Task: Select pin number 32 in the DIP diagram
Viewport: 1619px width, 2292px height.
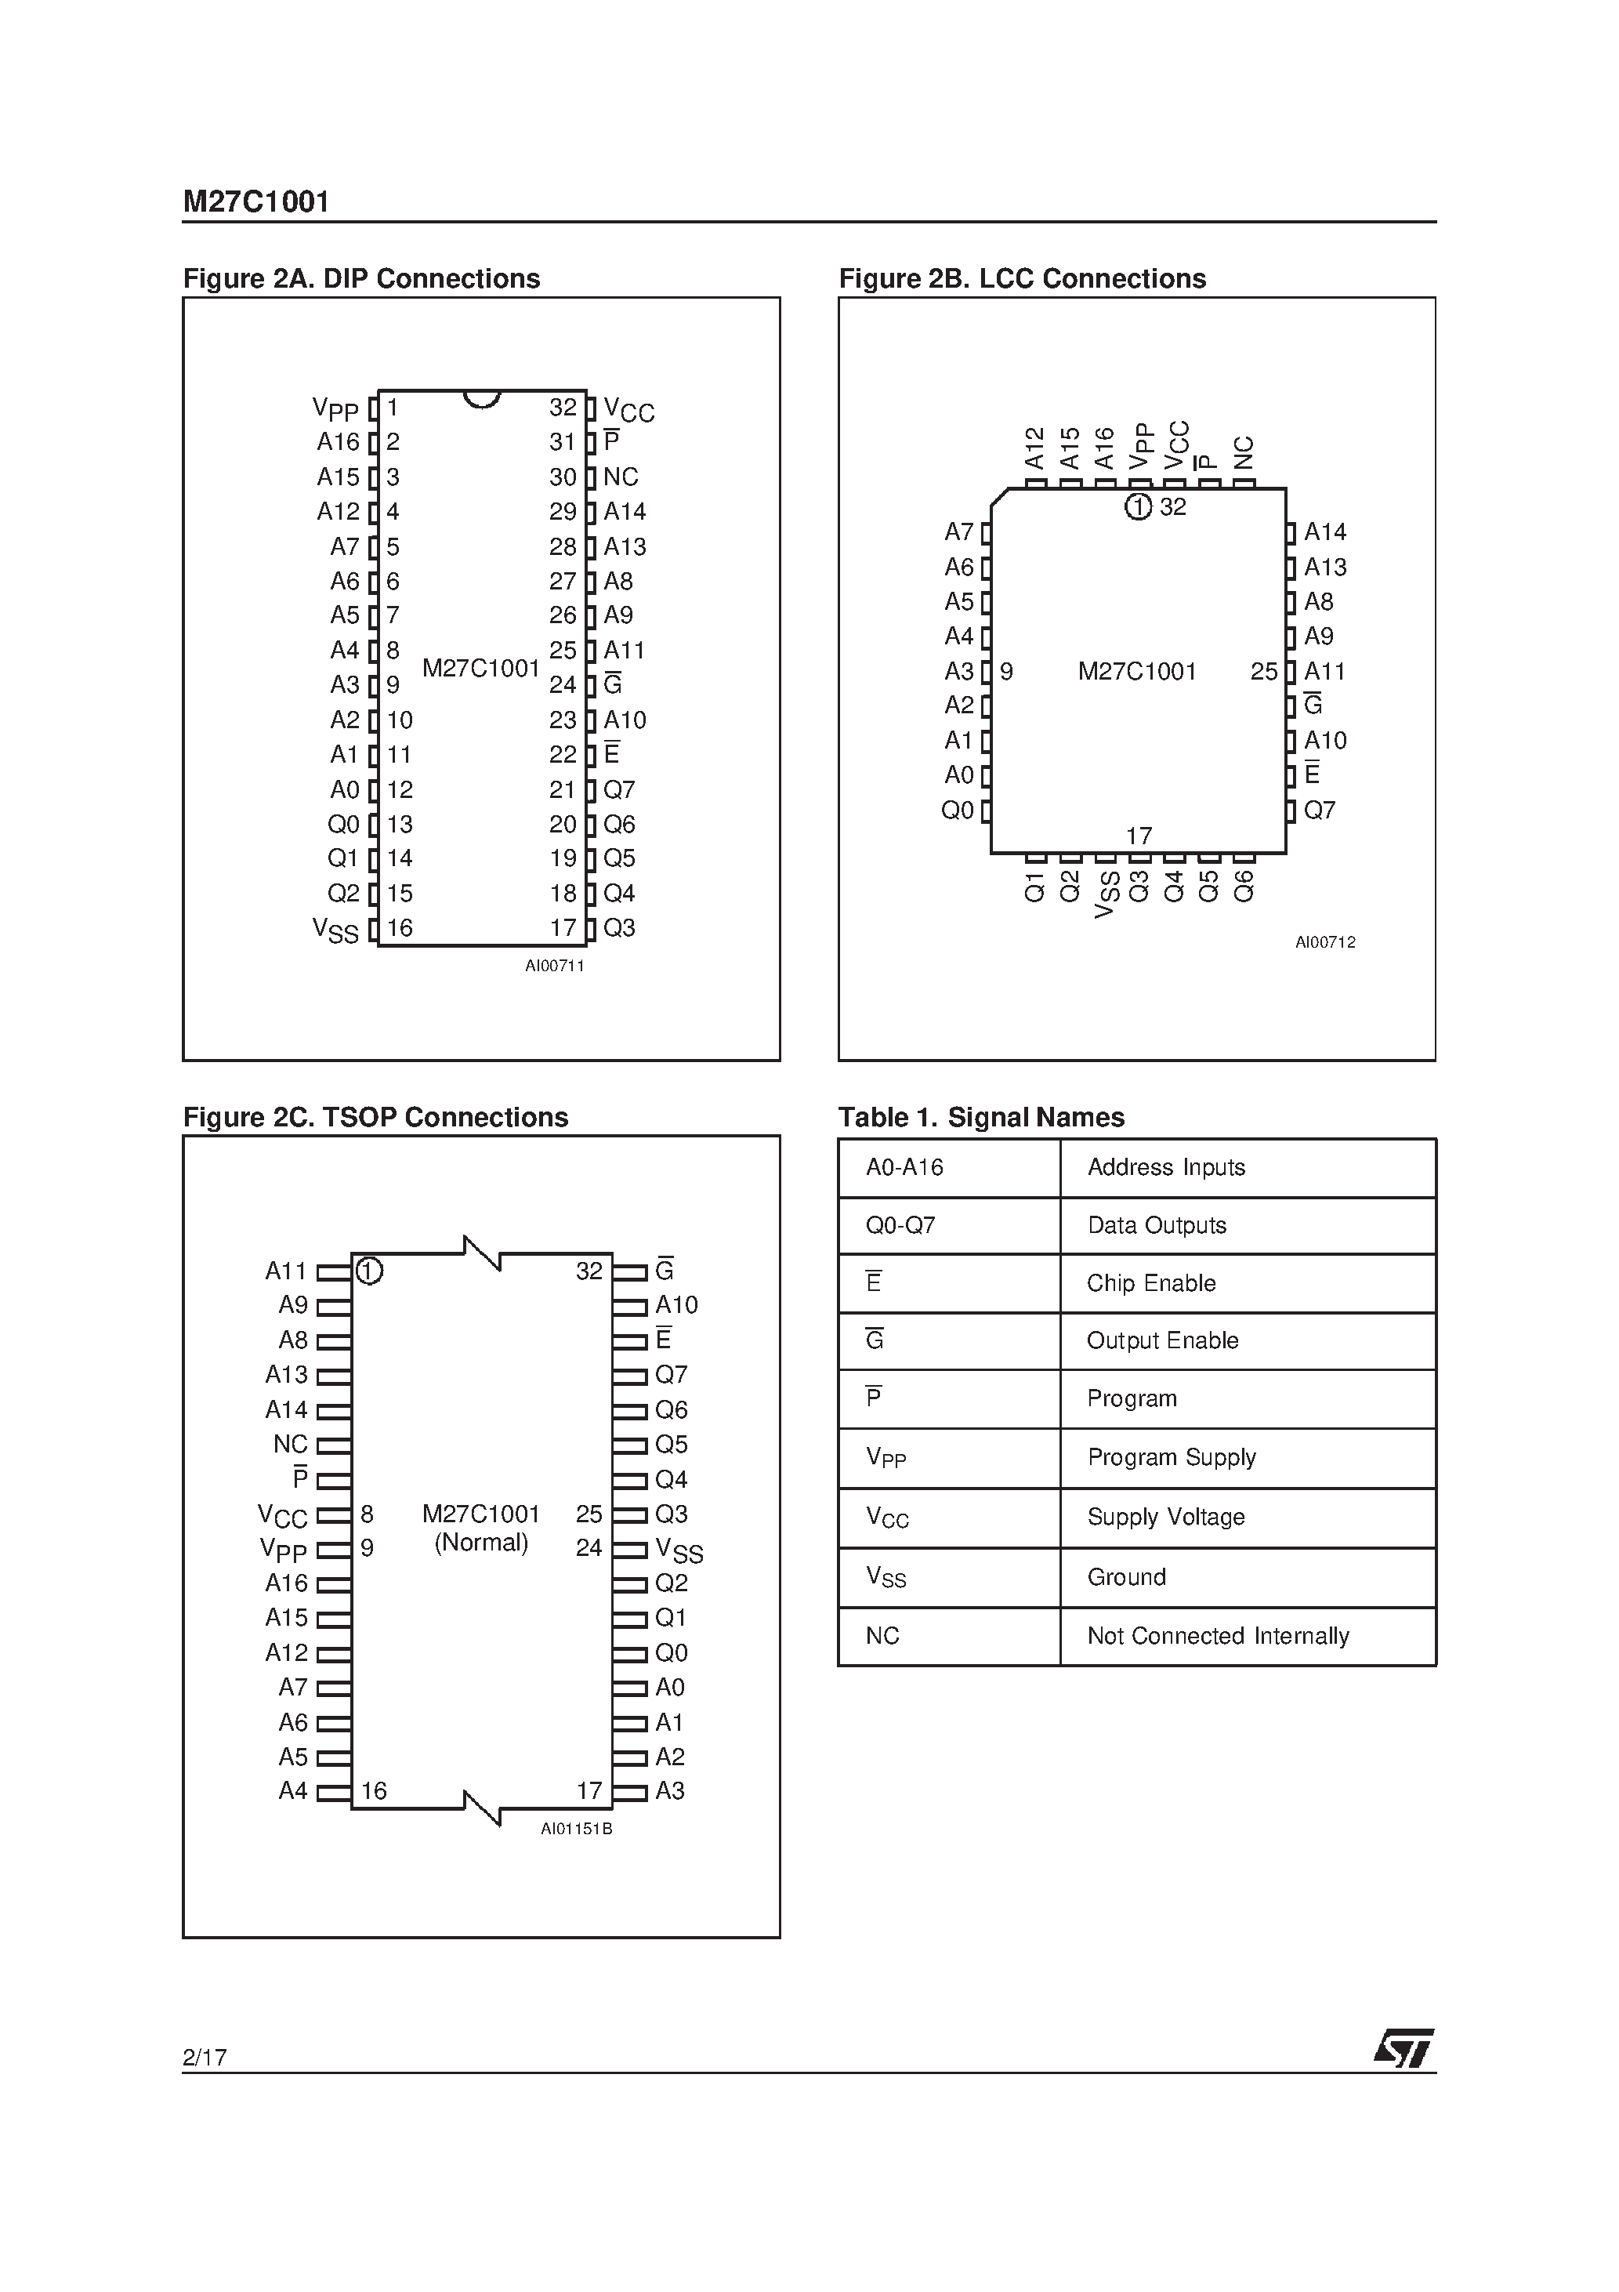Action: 563,408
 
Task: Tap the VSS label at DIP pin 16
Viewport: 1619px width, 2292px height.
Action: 335,930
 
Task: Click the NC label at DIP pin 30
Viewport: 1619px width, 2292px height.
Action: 621,477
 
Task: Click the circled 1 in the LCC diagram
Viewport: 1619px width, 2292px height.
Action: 1138,507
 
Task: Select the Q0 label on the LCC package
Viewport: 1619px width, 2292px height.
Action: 958,811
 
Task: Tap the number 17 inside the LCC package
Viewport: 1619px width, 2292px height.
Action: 1139,836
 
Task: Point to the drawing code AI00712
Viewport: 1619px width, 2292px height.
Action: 1326,941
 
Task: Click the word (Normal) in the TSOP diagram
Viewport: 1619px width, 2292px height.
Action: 481,1543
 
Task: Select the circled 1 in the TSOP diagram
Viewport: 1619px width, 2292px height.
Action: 369,1271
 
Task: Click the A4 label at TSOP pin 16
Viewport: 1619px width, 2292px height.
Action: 292,1791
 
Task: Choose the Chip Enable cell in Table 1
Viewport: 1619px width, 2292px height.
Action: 1151,1284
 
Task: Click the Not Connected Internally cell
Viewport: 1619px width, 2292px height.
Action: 1218,1636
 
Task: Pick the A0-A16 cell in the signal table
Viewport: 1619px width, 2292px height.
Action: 904,1167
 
